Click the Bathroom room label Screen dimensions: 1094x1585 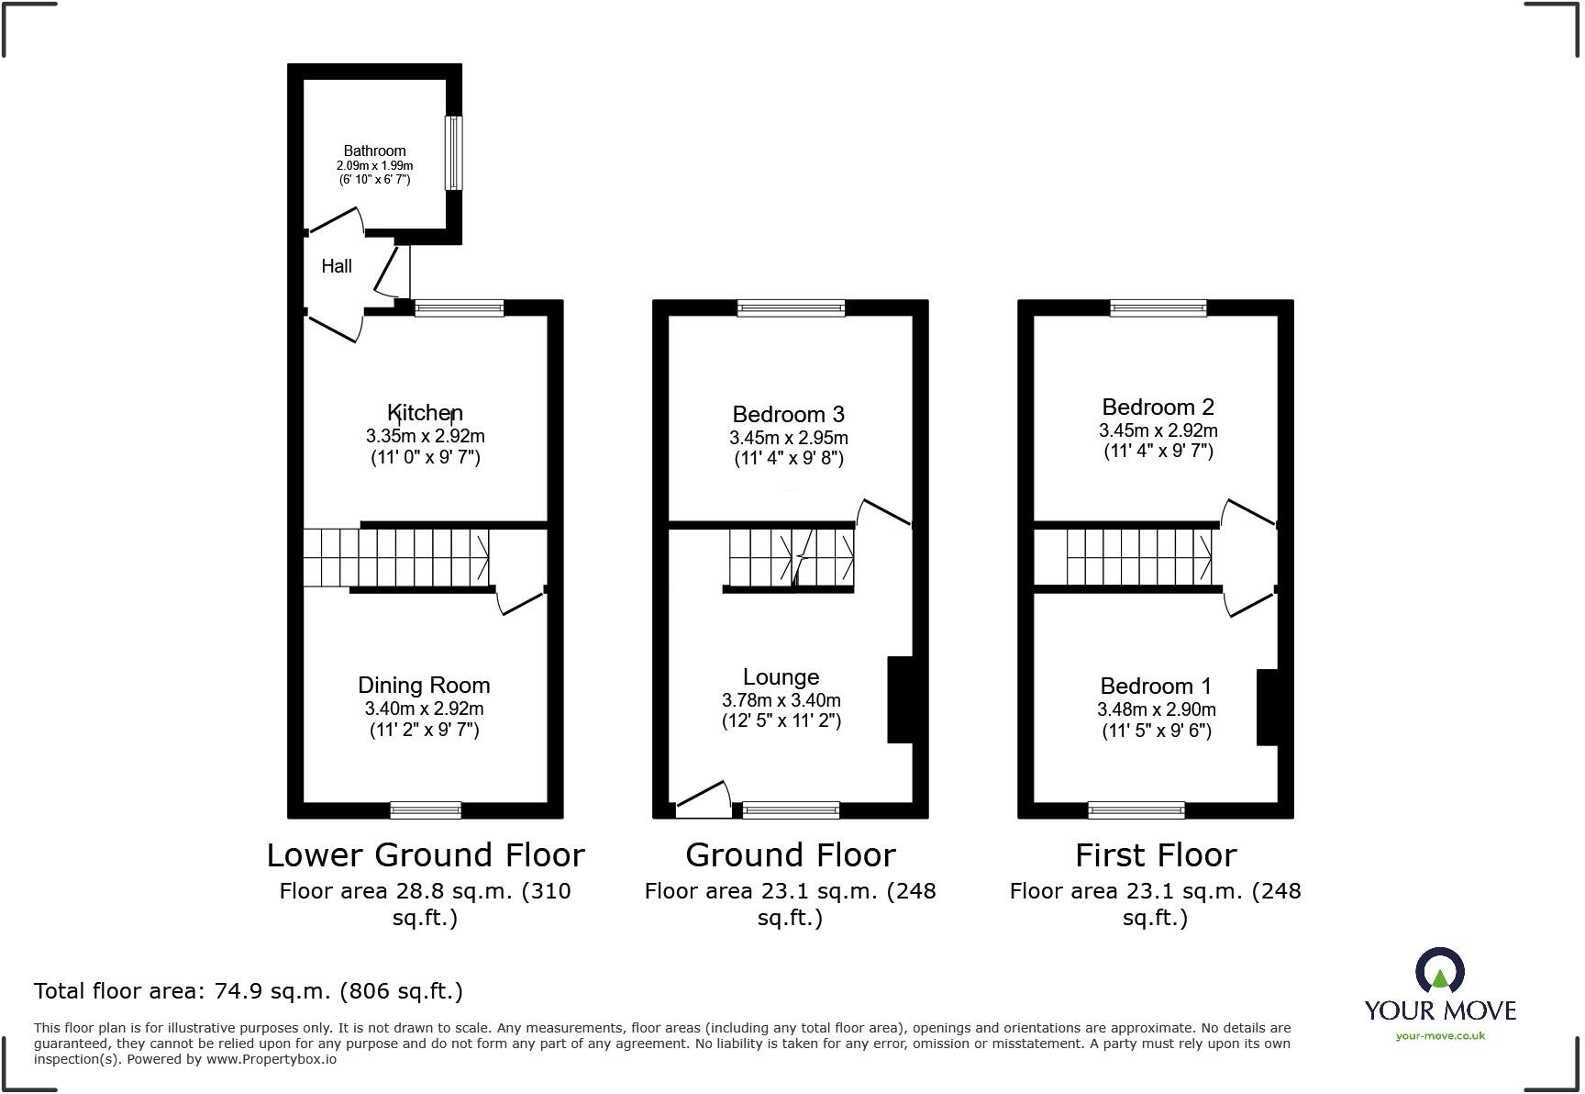(374, 151)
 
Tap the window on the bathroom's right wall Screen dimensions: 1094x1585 (453, 152)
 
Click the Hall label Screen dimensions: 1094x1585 (337, 266)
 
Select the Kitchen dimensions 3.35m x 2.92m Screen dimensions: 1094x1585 (425, 436)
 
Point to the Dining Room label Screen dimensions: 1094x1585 (424, 686)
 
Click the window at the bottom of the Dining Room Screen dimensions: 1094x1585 (425, 809)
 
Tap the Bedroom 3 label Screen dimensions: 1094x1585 (788, 415)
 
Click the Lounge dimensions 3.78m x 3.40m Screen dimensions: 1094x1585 (781, 700)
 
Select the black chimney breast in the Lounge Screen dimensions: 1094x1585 (900, 699)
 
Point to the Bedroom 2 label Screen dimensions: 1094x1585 (1158, 407)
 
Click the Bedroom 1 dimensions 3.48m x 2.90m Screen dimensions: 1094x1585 (1156, 709)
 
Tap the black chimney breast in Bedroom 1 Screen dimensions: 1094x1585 (1267, 708)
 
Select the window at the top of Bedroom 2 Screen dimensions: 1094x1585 (1158, 308)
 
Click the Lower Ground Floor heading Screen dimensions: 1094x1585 (426, 855)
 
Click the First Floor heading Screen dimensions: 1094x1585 (1156, 855)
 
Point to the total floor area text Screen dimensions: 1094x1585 (248, 991)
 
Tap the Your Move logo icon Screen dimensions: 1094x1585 (1440, 972)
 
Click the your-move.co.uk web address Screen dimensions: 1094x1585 (1440, 1036)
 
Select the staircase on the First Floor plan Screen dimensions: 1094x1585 (1138, 557)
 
